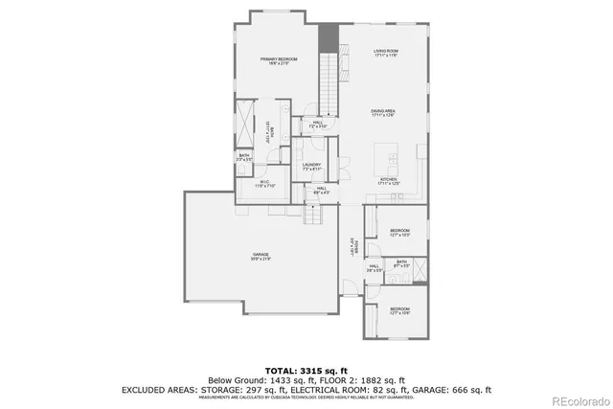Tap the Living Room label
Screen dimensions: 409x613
tap(385, 54)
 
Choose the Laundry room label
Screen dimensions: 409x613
tap(311, 167)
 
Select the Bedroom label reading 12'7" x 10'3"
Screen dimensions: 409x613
tap(399, 233)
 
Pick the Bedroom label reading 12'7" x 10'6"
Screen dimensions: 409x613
tap(399, 310)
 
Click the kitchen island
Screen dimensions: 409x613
tap(392, 153)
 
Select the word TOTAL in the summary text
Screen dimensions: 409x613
tap(283, 369)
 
